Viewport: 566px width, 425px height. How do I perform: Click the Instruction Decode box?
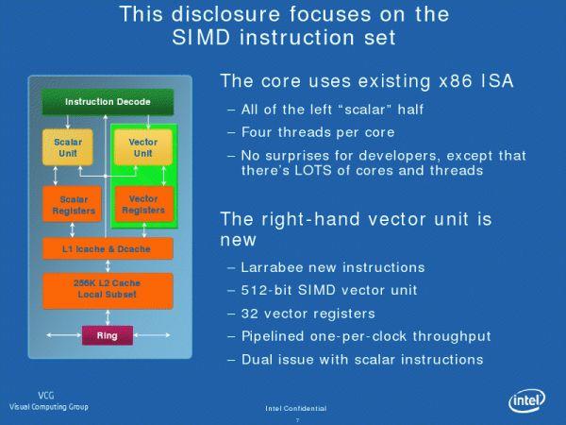108,101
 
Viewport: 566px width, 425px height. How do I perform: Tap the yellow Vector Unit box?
142,148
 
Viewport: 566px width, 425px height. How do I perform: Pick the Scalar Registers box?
74,205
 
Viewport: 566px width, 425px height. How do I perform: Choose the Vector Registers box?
142,205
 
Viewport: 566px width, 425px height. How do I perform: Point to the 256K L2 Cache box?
108,290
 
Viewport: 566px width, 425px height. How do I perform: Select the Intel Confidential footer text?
296,408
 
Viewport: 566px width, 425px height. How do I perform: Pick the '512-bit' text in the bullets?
268,290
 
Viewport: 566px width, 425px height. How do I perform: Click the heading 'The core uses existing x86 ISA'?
366,81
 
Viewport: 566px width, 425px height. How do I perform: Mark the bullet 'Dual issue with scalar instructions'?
362,359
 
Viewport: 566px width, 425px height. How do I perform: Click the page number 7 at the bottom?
296,417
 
